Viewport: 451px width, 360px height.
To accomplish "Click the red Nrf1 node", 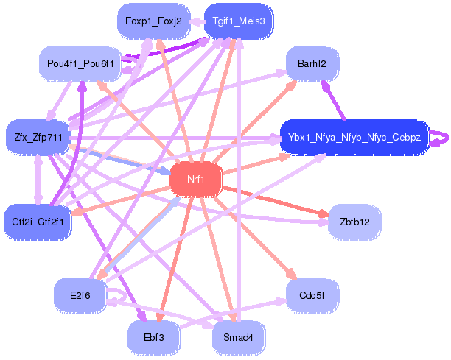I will pyautogui.click(x=195, y=179).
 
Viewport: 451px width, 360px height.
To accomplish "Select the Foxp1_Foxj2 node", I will pyautogui.click(x=153, y=21).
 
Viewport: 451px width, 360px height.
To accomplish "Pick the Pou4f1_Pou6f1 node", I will pyautogui.click(x=80, y=64).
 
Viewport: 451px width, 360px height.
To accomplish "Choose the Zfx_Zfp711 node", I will pyautogui.click(x=37, y=137).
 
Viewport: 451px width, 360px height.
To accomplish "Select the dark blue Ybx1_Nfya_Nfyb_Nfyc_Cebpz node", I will pyautogui.click(x=354, y=137).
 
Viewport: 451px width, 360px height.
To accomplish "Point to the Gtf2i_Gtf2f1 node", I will pyautogui.click(x=38, y=220).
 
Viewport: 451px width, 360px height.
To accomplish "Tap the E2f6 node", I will pyautogui.click(x=80, y=294).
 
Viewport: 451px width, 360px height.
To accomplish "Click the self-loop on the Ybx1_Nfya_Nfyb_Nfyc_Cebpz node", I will pyautogui.click(x=441, y=137).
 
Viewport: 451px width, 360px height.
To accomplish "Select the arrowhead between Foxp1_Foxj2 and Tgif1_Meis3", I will pyautogui.click(x=195, y=21).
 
